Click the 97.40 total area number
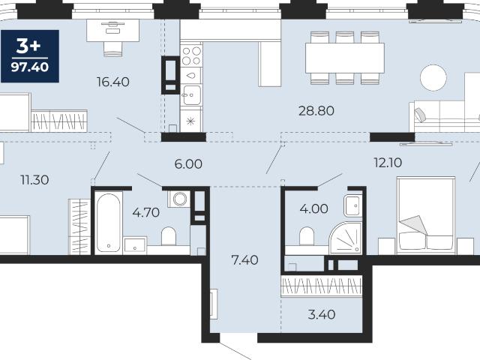(x=30, y=67)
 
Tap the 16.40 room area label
(x=113, y=82)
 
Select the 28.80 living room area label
(x=316, y=110)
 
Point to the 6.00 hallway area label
(x=188, y=164)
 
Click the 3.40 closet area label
(x=322, y=314)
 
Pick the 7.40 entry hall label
(x=245, y=260)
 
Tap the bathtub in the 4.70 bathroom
(x=109, y=223)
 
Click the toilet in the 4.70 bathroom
(x=168, y=235)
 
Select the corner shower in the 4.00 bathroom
(x=346, y=238)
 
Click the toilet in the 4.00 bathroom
(x=307, y=235)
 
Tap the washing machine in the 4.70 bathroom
(x=179, y=199)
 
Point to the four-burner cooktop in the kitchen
(x=191, y=55)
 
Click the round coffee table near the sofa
(x=433, y=78)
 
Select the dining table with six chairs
(x=345, y=58)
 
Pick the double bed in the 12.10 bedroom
(x=426, y=215)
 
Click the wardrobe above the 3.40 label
(x=322, y=286)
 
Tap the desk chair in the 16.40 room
(x=113, y=49)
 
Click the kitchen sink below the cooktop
(x=191, y=95)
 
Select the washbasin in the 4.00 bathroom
(x=353, y=205)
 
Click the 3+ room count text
(x=28, y=46)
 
